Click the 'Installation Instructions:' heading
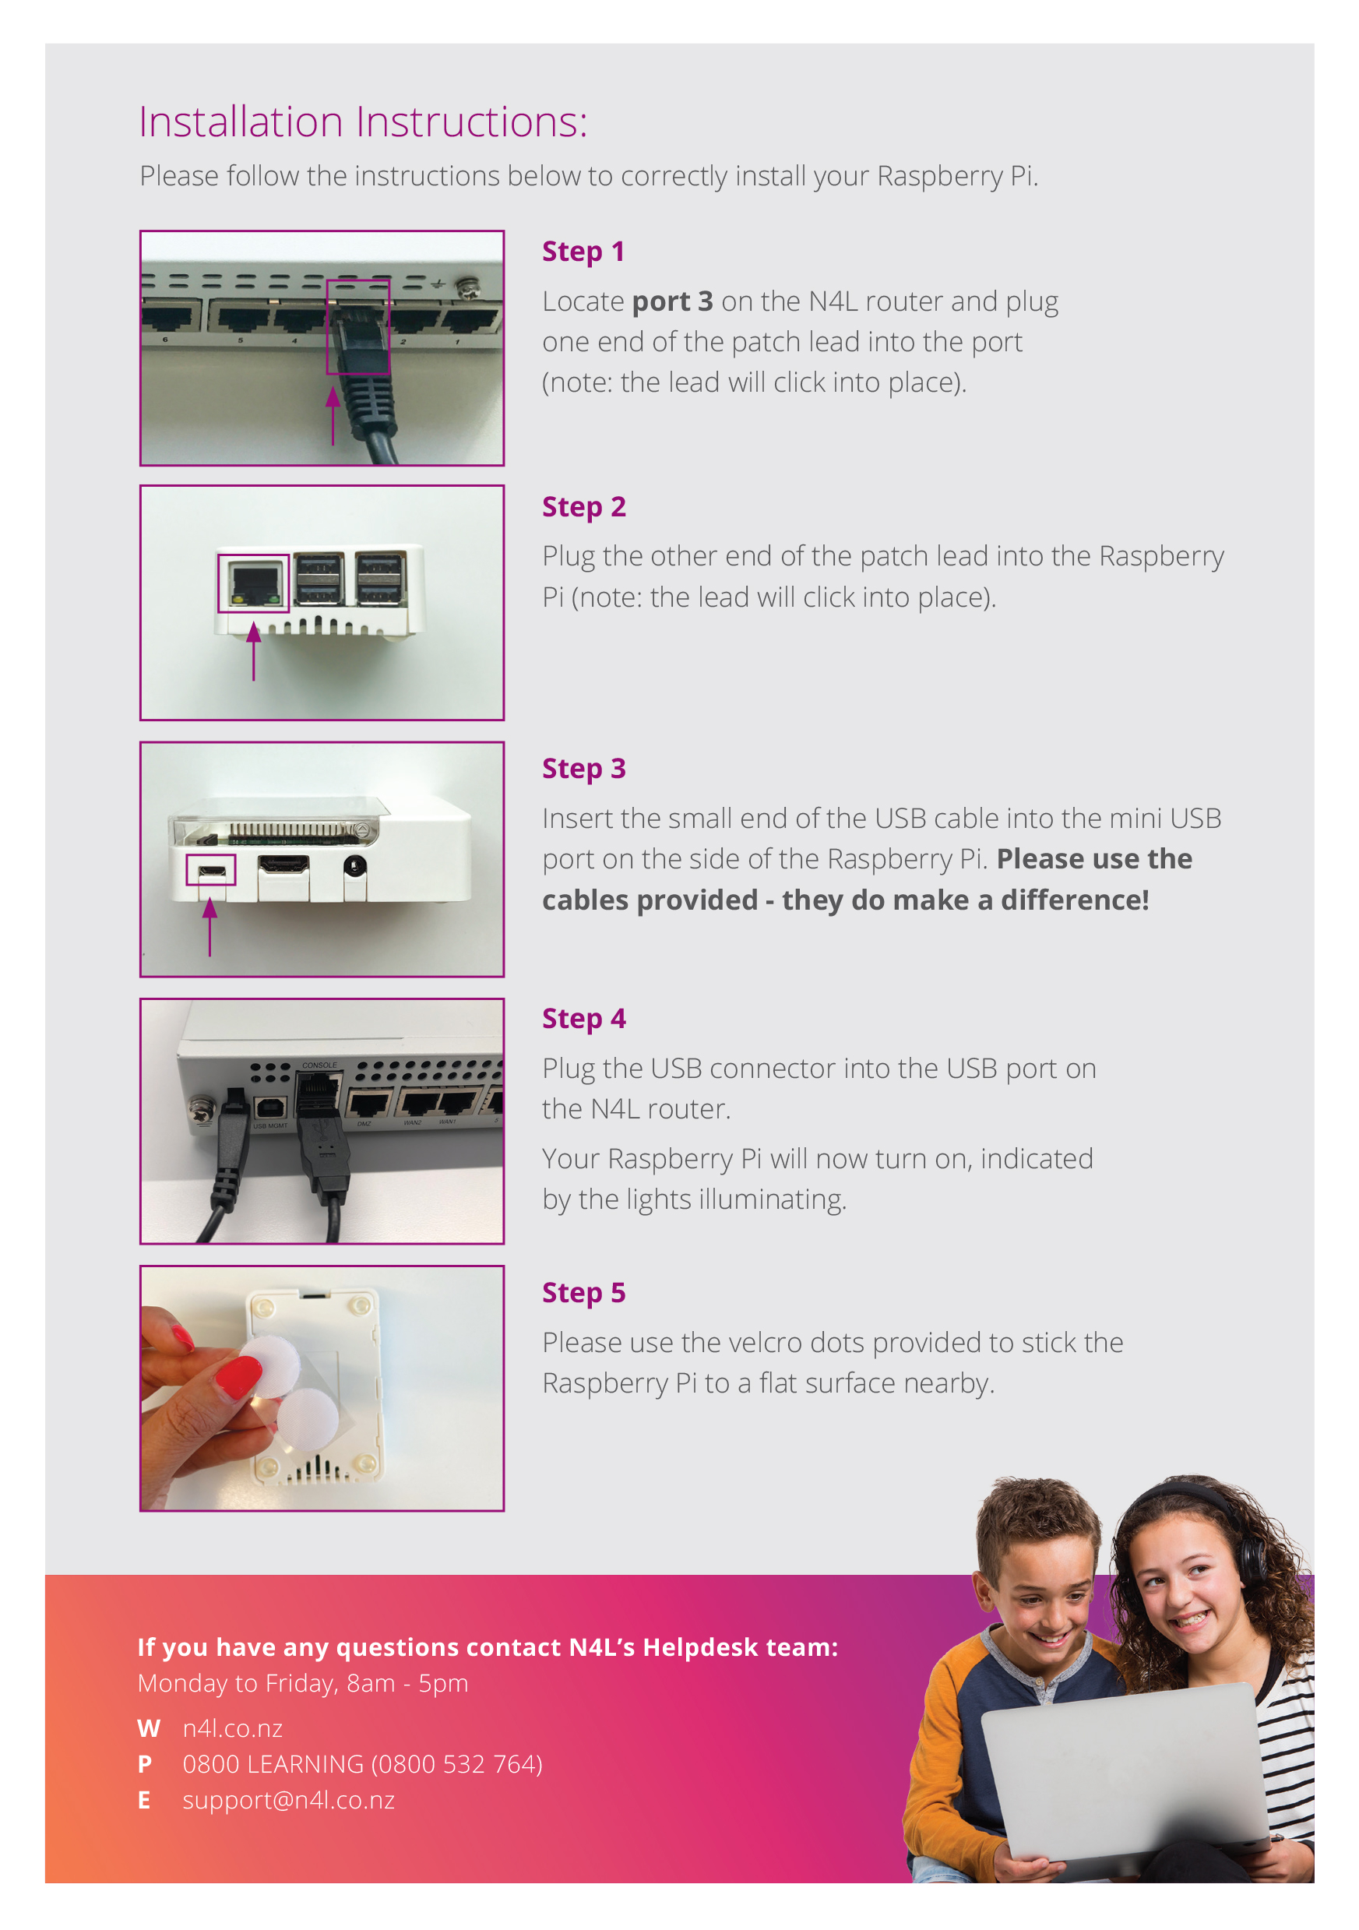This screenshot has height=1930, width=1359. pos(362,122)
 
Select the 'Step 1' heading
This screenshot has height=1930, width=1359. pos(583,252)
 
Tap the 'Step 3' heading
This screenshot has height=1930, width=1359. pos(583,768)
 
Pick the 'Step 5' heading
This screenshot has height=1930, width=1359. pos(583,1292)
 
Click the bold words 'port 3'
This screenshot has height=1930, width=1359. pos(671,301)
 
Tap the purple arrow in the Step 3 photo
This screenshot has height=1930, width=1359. pos(210,924)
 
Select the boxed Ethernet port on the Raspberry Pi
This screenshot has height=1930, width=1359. pos(253,583)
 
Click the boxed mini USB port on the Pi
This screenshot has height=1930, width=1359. pos(210,870)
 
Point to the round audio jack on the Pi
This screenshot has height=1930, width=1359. pos(354,865)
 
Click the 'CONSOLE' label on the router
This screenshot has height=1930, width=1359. pos(319,1065)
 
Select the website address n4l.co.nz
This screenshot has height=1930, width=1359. pos(233,1728)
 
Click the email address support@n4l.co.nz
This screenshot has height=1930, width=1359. pos(288,1800)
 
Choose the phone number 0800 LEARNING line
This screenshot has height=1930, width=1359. pos(362,1763)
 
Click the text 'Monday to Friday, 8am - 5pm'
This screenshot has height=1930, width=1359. pos(302,1683)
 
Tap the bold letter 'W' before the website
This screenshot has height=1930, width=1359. pos(148,1728)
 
